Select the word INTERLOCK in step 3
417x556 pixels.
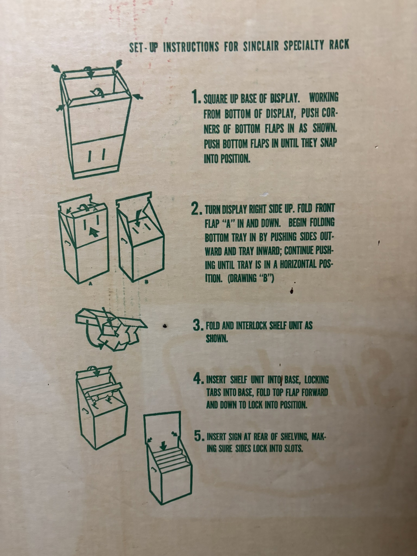point(249,326)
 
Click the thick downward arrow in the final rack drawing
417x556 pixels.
point(163,445)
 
